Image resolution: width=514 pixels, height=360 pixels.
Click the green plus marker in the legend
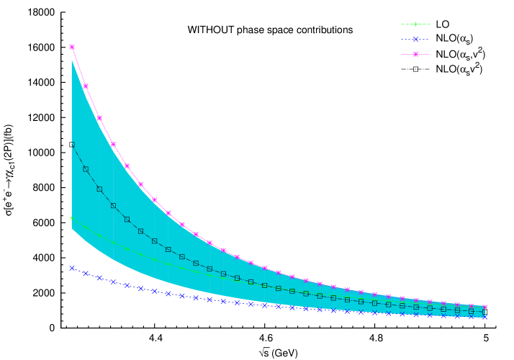tap(415, 24)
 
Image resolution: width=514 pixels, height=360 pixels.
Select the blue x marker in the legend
tap(415, 39)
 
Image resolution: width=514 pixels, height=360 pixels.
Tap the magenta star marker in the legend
tap(415, 54)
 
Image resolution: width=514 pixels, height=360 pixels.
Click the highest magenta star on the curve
tap(72, 47)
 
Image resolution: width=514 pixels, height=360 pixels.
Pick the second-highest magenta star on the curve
tap(86, 86)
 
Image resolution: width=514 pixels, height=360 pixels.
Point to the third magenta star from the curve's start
tap(99, 117)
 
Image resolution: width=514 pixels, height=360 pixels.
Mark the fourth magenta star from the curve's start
tap(113, 144)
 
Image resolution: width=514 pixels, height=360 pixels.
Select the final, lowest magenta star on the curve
tap(484, 307)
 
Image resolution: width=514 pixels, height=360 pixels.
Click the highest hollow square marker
tap(72, 145)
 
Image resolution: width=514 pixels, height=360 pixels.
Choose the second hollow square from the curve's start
tap(86, 169)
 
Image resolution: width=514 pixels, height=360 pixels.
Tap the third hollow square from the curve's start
tap(99, 189)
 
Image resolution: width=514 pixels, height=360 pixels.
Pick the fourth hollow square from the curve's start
tap(113, 206)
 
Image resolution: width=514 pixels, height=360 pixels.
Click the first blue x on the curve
tap(72, 268)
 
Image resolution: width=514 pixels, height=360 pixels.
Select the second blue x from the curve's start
tap(86, 274)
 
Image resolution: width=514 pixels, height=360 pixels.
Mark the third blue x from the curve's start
tap(99, 278)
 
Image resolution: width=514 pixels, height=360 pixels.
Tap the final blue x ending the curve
tap(484, 316)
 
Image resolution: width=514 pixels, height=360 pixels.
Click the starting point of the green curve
tap(71, 217)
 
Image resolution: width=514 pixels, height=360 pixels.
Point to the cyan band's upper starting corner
tap(72, 60)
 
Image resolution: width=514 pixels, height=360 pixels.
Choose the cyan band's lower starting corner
tap(72, 228)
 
